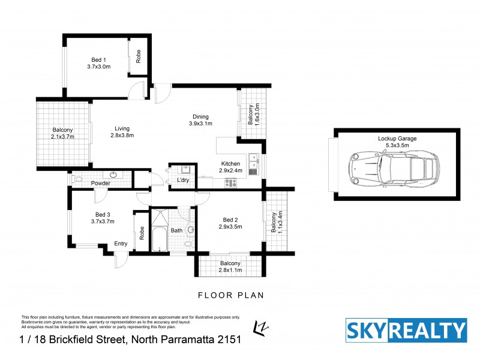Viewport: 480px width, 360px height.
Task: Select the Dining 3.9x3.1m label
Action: coord(200,120)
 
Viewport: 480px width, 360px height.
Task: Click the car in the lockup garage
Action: coord(393,168)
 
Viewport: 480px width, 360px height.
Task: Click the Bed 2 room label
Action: coord(230,223)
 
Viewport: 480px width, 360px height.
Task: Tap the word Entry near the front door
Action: coord(121,244)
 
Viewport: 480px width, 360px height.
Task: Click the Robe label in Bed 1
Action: coord(138,56)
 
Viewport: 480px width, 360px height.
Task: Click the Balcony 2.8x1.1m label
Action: coord(230,266)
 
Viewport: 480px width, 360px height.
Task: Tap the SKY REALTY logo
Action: coord(406,331)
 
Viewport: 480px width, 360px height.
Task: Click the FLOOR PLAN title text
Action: coord(230,295)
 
